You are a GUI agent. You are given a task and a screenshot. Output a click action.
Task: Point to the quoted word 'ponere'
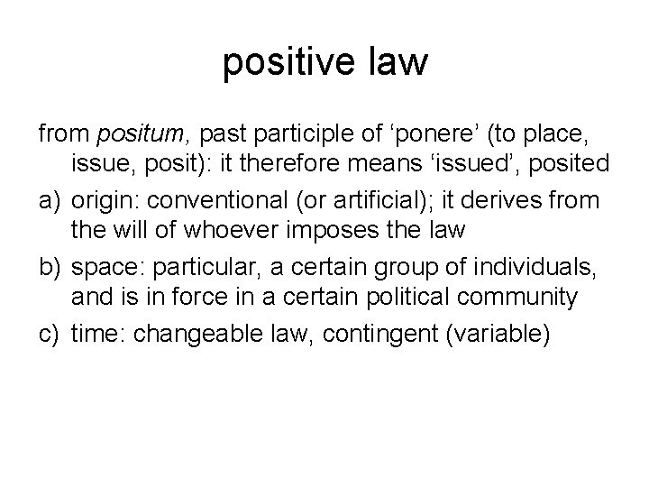(x=411, y=135)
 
